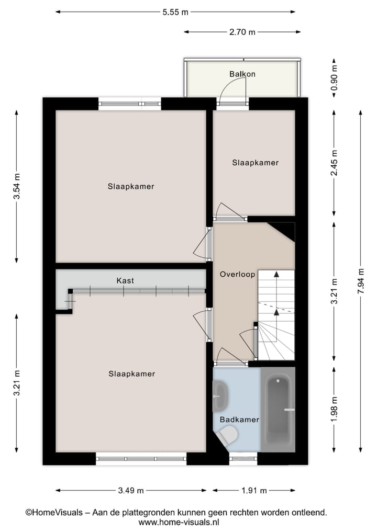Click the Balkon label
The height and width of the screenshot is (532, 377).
(x=242, y=74)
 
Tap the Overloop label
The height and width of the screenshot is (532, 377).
(x=237, y=274)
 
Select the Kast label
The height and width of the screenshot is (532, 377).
(x=125, y=281)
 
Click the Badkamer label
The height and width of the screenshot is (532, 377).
(x=239, y=420)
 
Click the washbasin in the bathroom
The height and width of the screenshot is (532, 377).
(x=220, y=397)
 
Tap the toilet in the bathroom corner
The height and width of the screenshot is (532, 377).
(x=228, y=436)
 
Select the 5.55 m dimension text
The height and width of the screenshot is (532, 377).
(x=175, y=13)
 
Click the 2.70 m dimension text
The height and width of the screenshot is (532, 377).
(x=242, y=32)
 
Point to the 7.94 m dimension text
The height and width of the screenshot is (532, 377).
(x=360, y=281)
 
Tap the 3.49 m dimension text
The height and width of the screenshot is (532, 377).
(x=130, y=491)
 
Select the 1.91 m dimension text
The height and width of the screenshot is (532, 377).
(x=254, y=491)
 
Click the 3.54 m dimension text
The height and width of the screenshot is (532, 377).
(x=17, y=186)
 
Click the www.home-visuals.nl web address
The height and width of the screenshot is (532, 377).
(x=179, y=522)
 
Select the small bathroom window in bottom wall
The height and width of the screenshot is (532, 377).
(x=243, y=459)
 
